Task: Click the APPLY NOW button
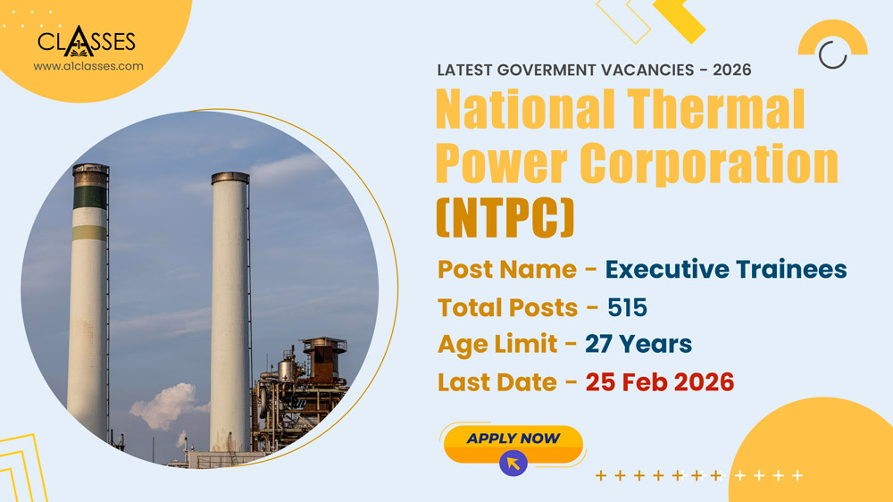pos(513,439)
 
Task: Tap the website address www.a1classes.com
pos(88,66)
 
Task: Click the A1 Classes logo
pos(87,40)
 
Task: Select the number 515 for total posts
pos(627,307)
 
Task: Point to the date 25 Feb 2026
pos(659,382)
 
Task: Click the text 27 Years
pos(638,344)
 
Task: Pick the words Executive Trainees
pos(725,269)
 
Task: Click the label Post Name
pos(506,269)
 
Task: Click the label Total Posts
pos(507,307)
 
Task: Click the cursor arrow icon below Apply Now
pos(513,463)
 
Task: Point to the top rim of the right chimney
pos(230,178)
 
